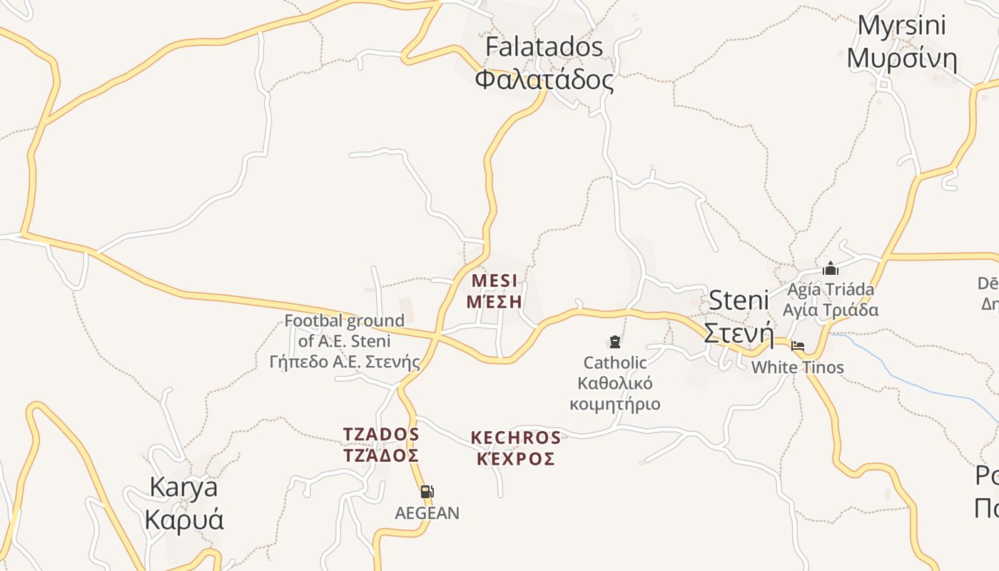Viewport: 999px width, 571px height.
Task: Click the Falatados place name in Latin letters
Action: click(544, 47)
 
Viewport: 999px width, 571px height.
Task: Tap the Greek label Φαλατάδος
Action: click(544, 79)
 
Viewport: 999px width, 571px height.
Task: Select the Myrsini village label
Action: click(901, 26)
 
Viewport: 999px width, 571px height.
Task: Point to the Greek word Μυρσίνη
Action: click(901, 59)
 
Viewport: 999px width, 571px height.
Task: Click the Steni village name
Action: click(739, 300)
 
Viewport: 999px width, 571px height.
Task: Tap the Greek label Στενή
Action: click(739, 333)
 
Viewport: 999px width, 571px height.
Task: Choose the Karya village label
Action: click(183, 487)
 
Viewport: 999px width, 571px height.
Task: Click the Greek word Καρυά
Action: click(183, 519)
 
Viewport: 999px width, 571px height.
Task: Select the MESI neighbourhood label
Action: click(495, 280)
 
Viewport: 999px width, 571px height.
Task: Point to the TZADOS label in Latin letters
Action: click(381, 435)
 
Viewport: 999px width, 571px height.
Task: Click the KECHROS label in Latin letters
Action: click(516, 438)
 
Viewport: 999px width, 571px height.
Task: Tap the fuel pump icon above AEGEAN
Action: click(427, 491)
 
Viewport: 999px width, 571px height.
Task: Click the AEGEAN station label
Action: click(427, 512)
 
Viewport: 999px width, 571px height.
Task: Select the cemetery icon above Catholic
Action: click(615, 342)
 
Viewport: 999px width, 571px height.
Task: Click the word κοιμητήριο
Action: click(614, 405)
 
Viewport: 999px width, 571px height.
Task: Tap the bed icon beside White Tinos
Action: click(798, 346)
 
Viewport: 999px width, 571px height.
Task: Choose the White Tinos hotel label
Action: click(797, 368)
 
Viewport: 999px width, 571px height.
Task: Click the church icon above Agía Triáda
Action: click(830, 268)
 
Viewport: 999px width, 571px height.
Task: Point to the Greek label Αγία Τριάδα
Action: click(830, 310)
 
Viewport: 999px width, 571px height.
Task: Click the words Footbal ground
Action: click(344, 320)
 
